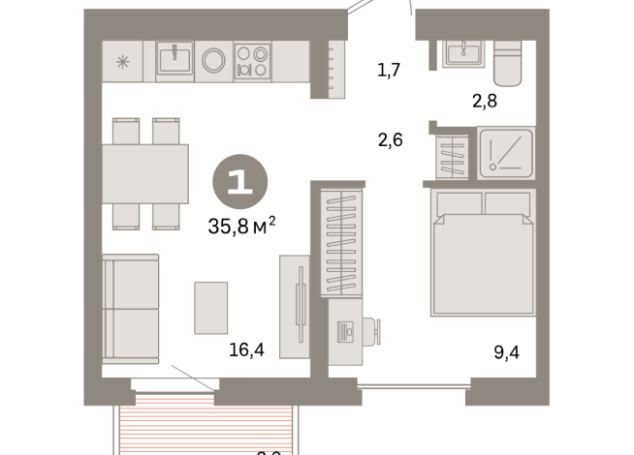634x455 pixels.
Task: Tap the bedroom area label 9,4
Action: [506, 351]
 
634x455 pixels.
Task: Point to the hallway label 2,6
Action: [390, 139]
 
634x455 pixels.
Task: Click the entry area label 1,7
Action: [389, 69]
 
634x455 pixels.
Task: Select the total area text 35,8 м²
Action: [242, 225]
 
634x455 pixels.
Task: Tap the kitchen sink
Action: [174, 61]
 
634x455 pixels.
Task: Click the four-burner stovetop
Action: [252, 61]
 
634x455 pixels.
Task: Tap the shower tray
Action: [506, 153]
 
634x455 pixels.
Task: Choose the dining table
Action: [146, 173]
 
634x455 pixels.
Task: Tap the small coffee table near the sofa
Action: [210, 307]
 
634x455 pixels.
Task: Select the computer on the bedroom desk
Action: [346, 332]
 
